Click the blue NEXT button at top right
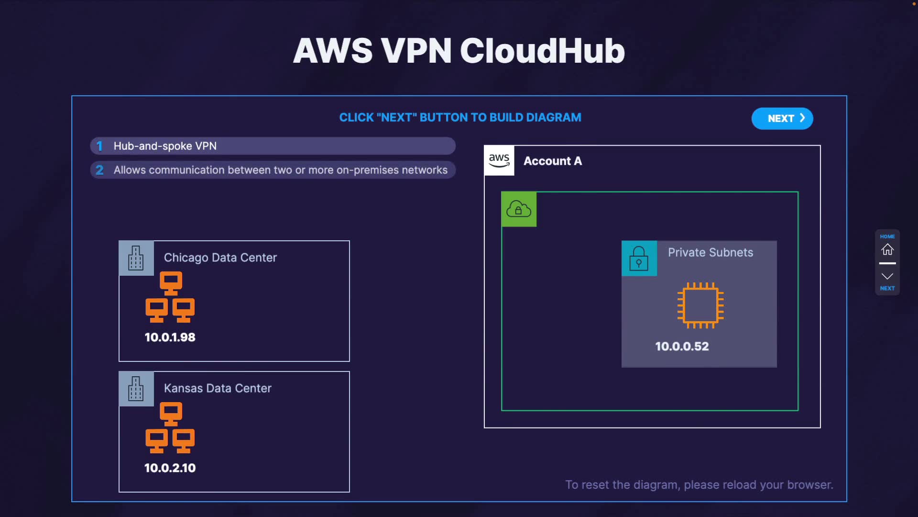[x=782, y=118]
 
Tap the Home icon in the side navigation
[x=887, y=249]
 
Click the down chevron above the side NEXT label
[x=887, y=276]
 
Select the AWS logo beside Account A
[x=499, y=160]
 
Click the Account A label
[x=553, y=161]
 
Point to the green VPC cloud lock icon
[x=519, y=209]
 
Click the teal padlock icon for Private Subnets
[x=639, y=258]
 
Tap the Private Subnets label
[x=710, y=252]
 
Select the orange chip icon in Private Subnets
[x=700, y=305]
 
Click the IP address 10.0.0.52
[x=682, y=346]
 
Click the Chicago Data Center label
[x=220, y=258]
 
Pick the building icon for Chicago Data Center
[x=136, y=258]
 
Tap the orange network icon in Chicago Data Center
[x=170, y=297]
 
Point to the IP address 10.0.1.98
[x=170, y=337]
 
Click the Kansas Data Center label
[x=218, y=388]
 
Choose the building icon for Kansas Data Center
[x=136, y=389]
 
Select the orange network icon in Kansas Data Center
[x=170, y=427]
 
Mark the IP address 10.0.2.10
[x=170, y=468]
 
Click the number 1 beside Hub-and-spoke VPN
[x=99, y=146]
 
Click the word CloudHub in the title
[x=542, y=51]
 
